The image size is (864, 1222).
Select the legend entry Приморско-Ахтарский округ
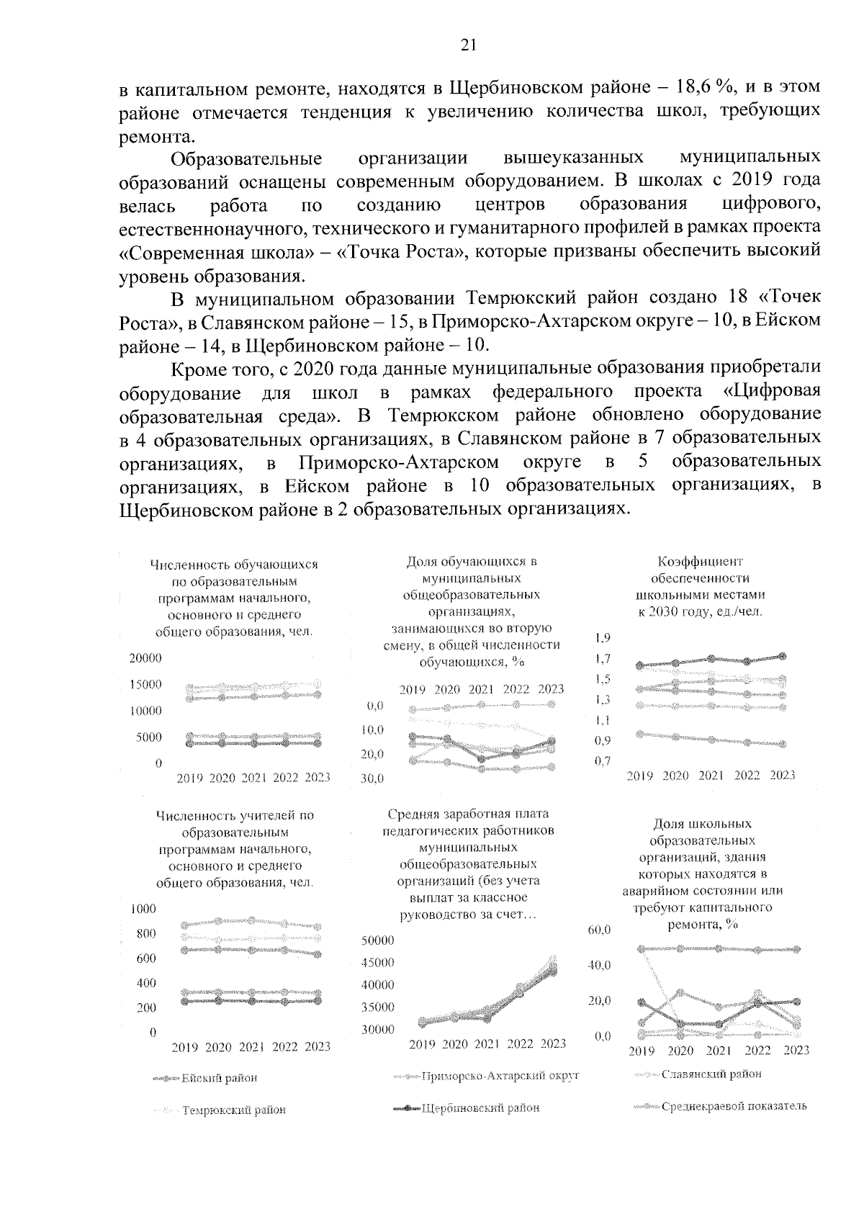click(x=500, y=1075)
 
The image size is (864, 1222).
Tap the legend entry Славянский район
click(x=711, y=1074)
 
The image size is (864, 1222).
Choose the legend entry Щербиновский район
click(x=480, y=1108)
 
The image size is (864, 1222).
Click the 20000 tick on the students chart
click(x=145, y=658)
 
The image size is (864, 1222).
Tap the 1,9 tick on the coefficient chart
click(x=603, y=637)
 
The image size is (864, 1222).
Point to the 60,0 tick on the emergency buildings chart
click(x=600, y=930)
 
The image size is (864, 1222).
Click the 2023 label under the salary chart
click(x=553, y=1043)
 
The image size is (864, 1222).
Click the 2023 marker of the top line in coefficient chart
click(x=783, y=656)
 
